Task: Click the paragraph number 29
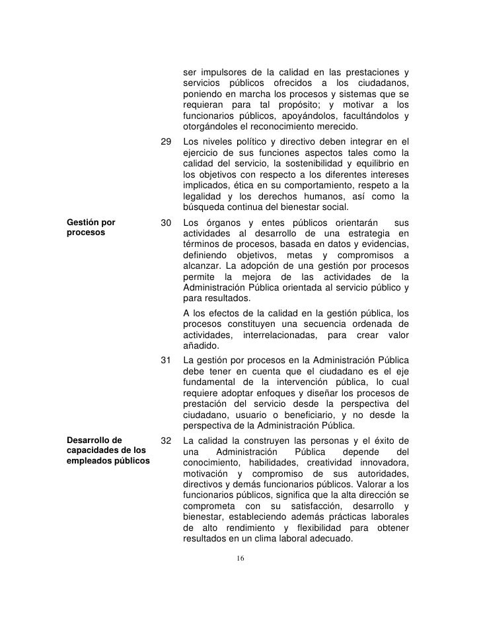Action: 166,141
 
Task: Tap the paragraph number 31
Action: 166,361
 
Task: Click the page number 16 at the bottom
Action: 240,559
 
